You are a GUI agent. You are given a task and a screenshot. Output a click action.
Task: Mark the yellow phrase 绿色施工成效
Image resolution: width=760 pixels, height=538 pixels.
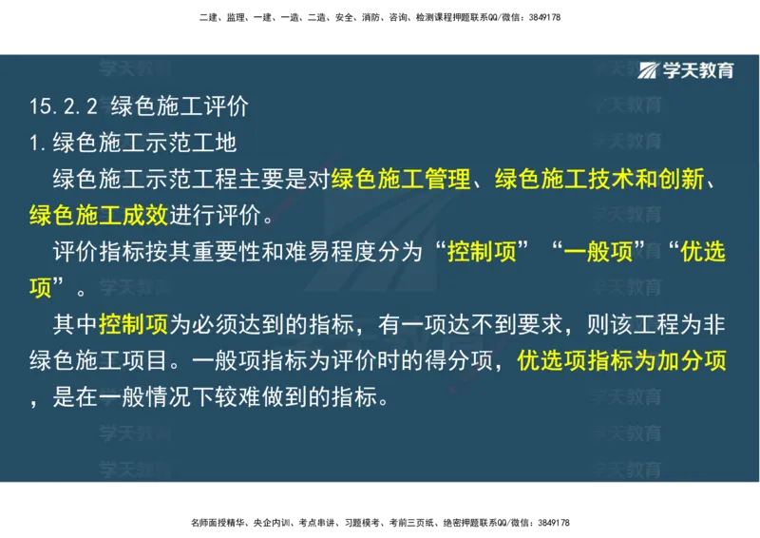98,215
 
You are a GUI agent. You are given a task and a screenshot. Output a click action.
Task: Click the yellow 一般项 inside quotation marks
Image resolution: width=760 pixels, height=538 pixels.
598,252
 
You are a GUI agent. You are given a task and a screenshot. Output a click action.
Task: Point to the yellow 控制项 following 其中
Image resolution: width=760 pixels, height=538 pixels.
133,324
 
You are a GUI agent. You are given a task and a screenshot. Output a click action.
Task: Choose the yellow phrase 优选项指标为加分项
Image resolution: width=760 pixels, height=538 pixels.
621,361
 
